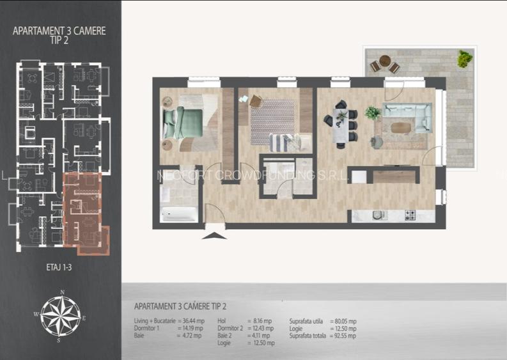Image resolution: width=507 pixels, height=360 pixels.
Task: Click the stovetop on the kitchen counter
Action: coord(410,215)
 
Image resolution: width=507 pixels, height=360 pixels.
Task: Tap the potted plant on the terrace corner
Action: coord(465,59)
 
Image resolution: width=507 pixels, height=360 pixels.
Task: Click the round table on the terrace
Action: coord(384,61)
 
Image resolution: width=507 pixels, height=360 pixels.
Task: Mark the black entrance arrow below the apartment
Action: coord(214,235)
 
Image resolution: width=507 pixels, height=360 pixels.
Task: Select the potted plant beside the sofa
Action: coord(372,113)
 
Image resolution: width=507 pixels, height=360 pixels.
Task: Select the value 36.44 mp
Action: coord(190,321)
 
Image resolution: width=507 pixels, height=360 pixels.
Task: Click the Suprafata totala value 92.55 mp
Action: coord(344,336)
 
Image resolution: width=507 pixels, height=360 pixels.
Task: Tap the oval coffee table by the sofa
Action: coord(402,127)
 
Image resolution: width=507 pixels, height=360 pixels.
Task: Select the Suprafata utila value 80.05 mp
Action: coord(344,321)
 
